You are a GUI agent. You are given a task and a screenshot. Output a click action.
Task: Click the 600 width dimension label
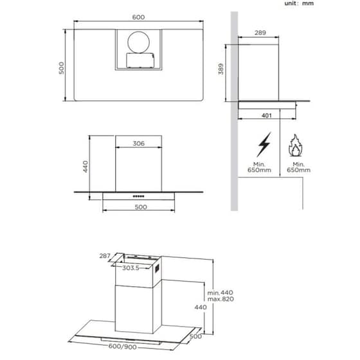tap(138, 17)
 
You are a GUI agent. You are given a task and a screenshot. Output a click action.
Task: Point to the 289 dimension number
tap(260, 32)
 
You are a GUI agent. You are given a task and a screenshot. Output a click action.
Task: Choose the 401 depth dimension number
tap(267, 116)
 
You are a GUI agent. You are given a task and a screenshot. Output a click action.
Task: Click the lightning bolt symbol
tap(264, 145)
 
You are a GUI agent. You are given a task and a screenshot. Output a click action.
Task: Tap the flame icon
tap(296, 147)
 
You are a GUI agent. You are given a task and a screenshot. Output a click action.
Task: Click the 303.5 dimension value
tap(132, 267)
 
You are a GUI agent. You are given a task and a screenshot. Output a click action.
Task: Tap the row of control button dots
tap(138, 195)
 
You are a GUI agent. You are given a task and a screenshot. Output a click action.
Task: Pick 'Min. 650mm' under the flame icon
tap(297, 167)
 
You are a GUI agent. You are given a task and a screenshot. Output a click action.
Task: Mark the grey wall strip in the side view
tap(235, 116)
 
